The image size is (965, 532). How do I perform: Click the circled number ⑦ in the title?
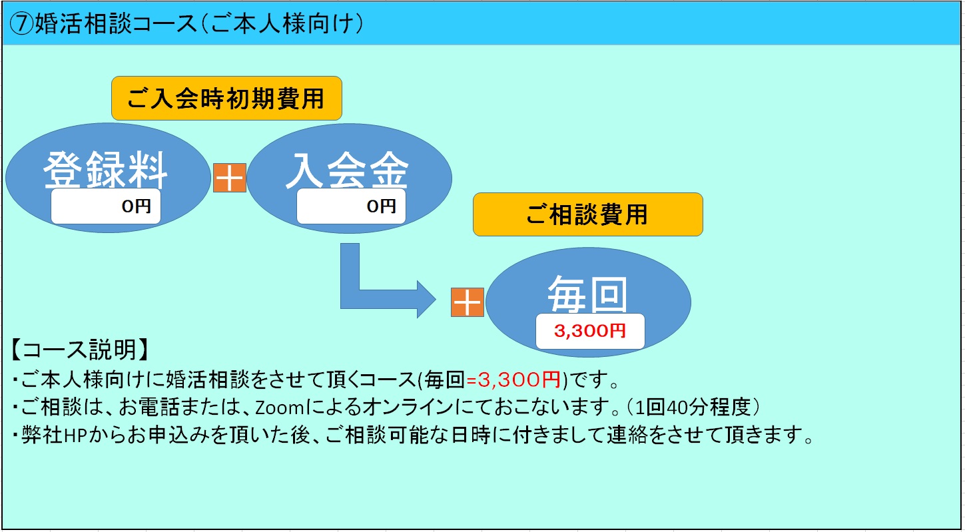coord(21,23)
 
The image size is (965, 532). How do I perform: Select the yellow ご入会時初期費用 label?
coord(226,99)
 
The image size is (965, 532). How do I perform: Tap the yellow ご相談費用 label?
coord(587,214)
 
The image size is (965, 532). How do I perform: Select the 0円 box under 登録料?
coord(106,206)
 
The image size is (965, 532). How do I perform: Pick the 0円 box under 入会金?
coord(351,206)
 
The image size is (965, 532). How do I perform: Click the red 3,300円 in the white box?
coord(590,331)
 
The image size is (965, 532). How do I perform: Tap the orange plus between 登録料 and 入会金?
coord(230,178)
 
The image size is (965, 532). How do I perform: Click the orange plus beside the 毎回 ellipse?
coord(468,302)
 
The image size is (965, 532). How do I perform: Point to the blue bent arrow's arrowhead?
coord(426,299)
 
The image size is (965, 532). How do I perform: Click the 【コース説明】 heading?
coord(80,350)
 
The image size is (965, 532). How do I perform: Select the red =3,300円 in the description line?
coord(513,380)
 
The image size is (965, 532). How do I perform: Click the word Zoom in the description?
coord(280,407)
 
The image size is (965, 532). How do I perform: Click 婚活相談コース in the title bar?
coord(116,23)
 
